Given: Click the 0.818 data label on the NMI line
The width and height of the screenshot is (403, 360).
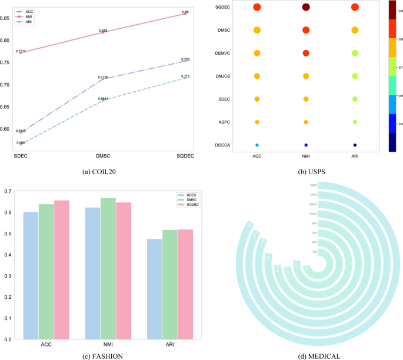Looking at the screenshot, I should (104, 29).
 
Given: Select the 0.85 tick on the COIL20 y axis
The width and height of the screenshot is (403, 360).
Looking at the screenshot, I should (5, 18).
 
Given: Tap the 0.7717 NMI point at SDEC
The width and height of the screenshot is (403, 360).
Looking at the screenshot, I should (22, 52).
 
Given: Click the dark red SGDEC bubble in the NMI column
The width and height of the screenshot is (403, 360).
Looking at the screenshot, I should (306, 7).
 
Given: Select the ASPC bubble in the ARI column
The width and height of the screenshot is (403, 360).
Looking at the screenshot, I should (355, 122).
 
